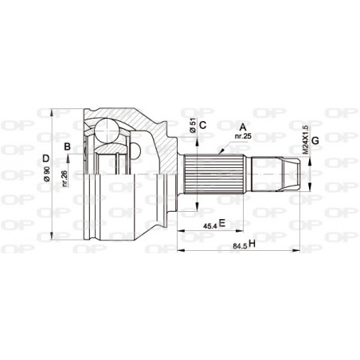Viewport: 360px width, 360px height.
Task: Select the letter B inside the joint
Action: (x=68, y=146)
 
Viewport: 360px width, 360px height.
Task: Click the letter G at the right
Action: (x=316, y=141)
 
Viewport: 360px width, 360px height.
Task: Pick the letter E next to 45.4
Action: (x=222, y=224)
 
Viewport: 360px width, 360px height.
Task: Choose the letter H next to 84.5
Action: (x=252, y=243)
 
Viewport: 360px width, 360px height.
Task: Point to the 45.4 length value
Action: (x=208, y=225)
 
